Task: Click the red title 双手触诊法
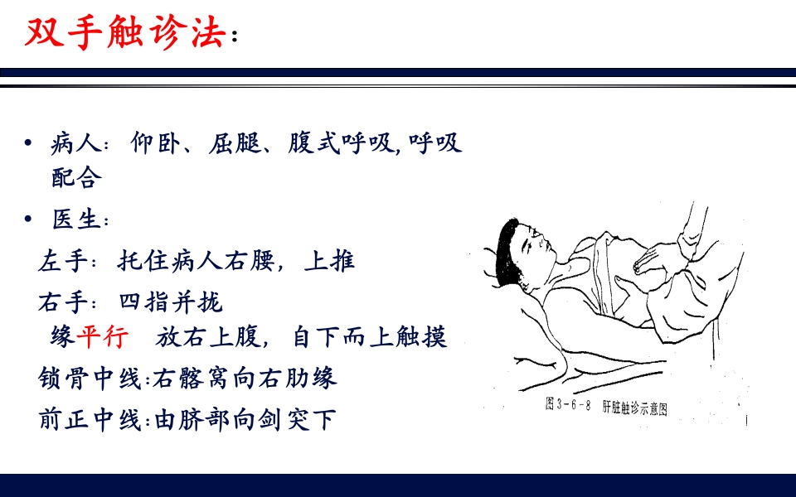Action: [125, 32]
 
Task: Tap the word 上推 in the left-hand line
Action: [329, 261]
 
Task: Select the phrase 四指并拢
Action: [171, 302]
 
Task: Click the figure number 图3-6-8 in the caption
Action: [567, 407]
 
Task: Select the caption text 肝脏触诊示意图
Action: [634, 408]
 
